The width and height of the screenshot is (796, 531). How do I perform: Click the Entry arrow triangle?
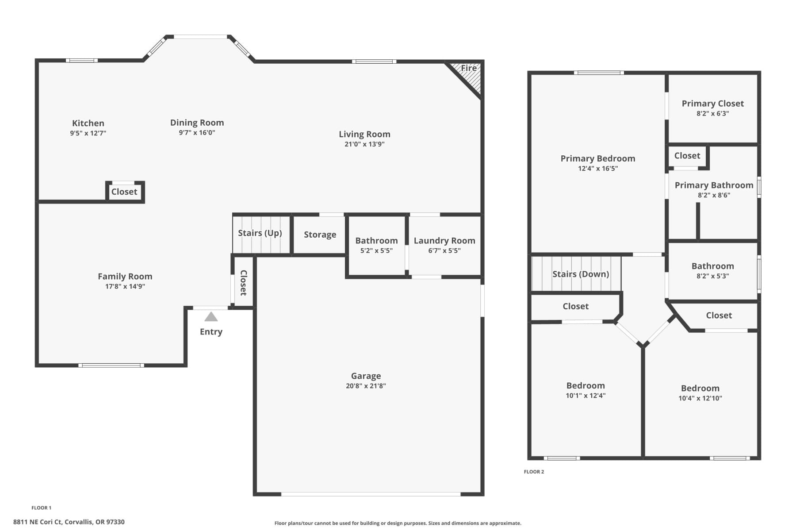tap(211, 317)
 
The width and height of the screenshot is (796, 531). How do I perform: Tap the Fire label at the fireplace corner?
tap(469, 68)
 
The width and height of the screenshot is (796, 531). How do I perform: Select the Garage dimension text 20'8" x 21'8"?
tap(366, 386)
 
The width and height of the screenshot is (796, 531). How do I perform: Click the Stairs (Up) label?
tap(260, 233)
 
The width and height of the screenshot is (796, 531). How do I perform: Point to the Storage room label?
tap(320, 235)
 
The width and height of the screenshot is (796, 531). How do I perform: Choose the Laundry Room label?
tap(444, 241)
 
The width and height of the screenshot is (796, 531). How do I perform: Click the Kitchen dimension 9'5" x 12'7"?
tap(88, 133)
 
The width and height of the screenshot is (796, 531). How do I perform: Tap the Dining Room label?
tap(197, 123)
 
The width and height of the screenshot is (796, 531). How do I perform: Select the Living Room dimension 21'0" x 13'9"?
tap(364, 144)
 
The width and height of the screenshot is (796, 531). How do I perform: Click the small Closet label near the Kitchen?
tap(124, 192)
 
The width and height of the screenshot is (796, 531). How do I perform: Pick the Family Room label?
tap(125, 277)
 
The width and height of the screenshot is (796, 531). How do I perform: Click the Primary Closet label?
tap(712, 104)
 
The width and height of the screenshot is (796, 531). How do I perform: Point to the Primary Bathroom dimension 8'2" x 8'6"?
tap(714, 195)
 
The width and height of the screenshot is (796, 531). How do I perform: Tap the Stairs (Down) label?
tap(581, 274)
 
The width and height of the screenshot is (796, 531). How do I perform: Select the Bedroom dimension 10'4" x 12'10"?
tap(700, 398)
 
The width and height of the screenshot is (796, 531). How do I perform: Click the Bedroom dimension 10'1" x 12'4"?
tap(586, 396)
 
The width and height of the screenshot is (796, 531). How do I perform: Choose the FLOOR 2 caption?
tap(534, 472)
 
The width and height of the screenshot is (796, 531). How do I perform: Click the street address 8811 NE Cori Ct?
tap(69, 522)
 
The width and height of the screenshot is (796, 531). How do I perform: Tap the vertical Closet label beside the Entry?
tap(243, 283)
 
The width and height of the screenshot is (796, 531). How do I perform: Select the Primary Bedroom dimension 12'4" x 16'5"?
tap(598, 169)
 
